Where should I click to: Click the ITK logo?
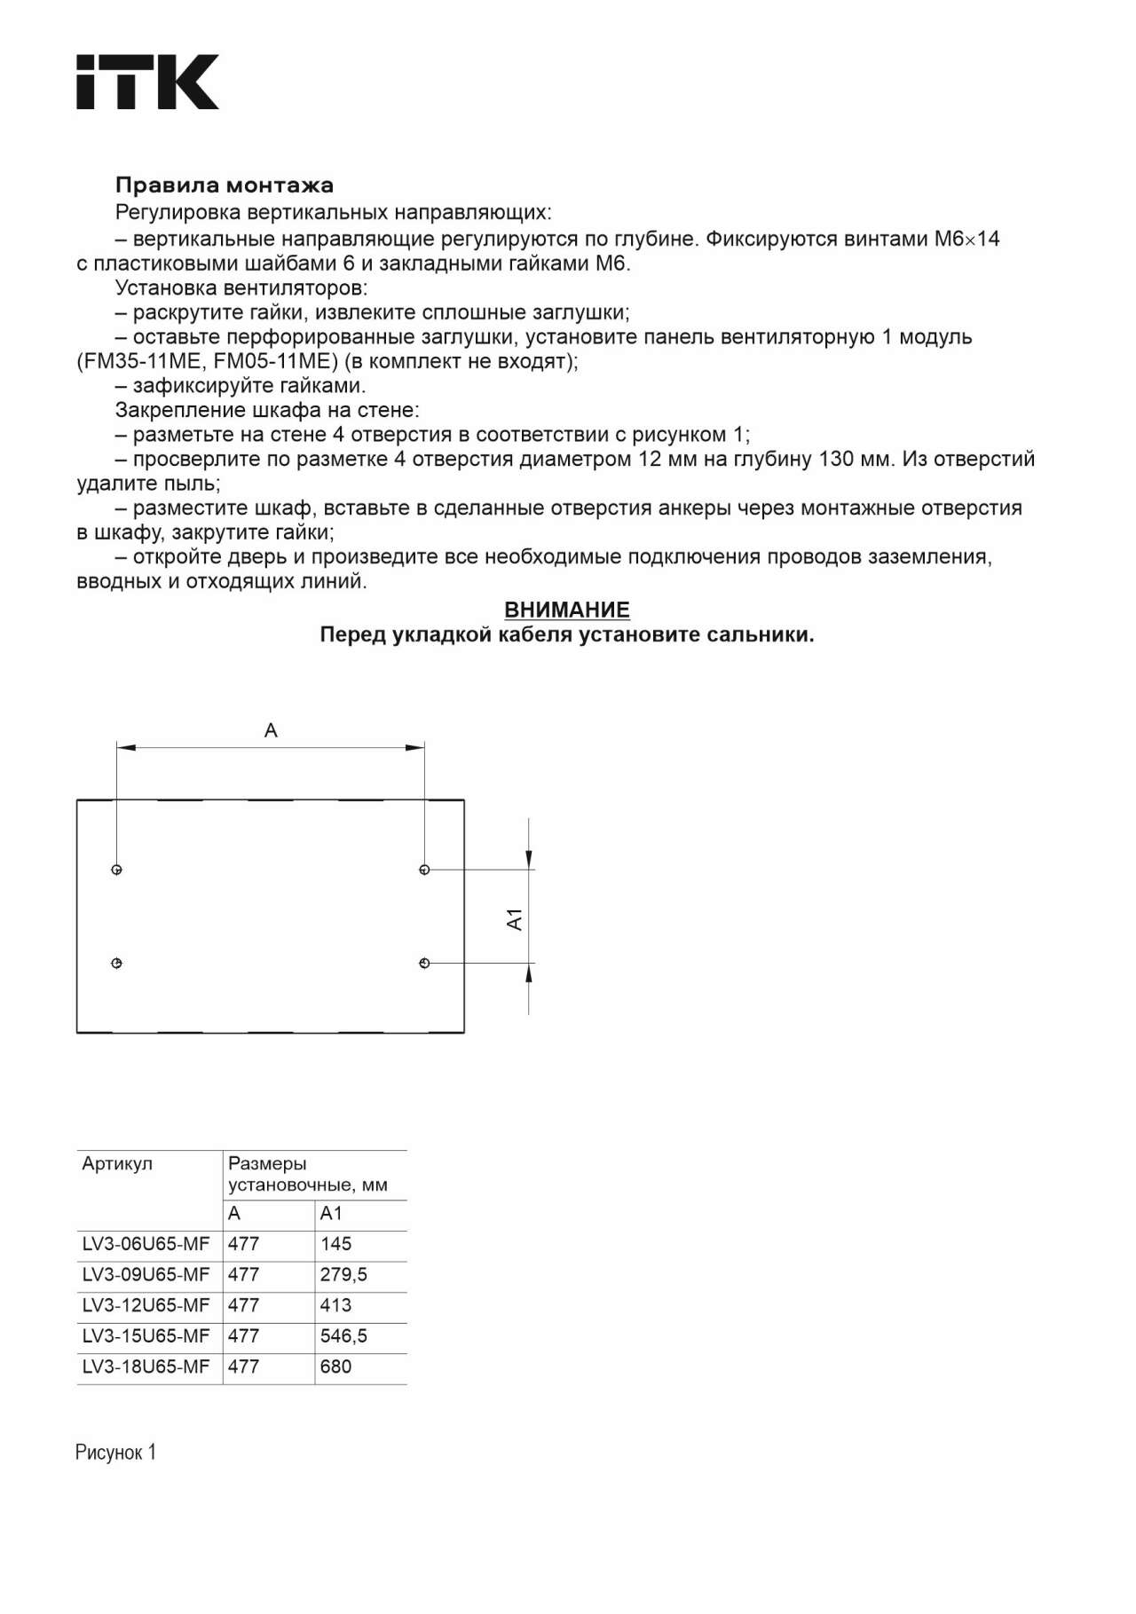[147, 82]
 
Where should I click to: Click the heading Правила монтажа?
[225, 185]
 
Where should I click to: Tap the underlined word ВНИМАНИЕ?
[567, 610]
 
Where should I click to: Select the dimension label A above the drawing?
[271, 730]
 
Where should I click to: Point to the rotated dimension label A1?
[515, 919]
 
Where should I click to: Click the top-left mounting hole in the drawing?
[116, 870]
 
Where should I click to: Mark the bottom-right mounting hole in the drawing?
[424, 964]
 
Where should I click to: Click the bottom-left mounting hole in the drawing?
[116, 964]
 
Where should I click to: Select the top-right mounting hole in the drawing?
[424, 870]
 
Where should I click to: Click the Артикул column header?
[117, 1164]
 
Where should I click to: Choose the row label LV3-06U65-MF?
[146, 1244]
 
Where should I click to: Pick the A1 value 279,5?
[343, 1275]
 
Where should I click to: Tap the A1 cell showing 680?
[335, 1367]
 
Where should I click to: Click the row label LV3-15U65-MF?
[146, 1336]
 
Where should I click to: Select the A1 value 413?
[335, 1306]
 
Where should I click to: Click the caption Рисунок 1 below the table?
[115, 1453]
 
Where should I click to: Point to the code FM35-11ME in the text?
[142, 362]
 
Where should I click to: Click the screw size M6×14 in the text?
[966, 239]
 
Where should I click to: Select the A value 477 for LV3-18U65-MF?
[243, 1367]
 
